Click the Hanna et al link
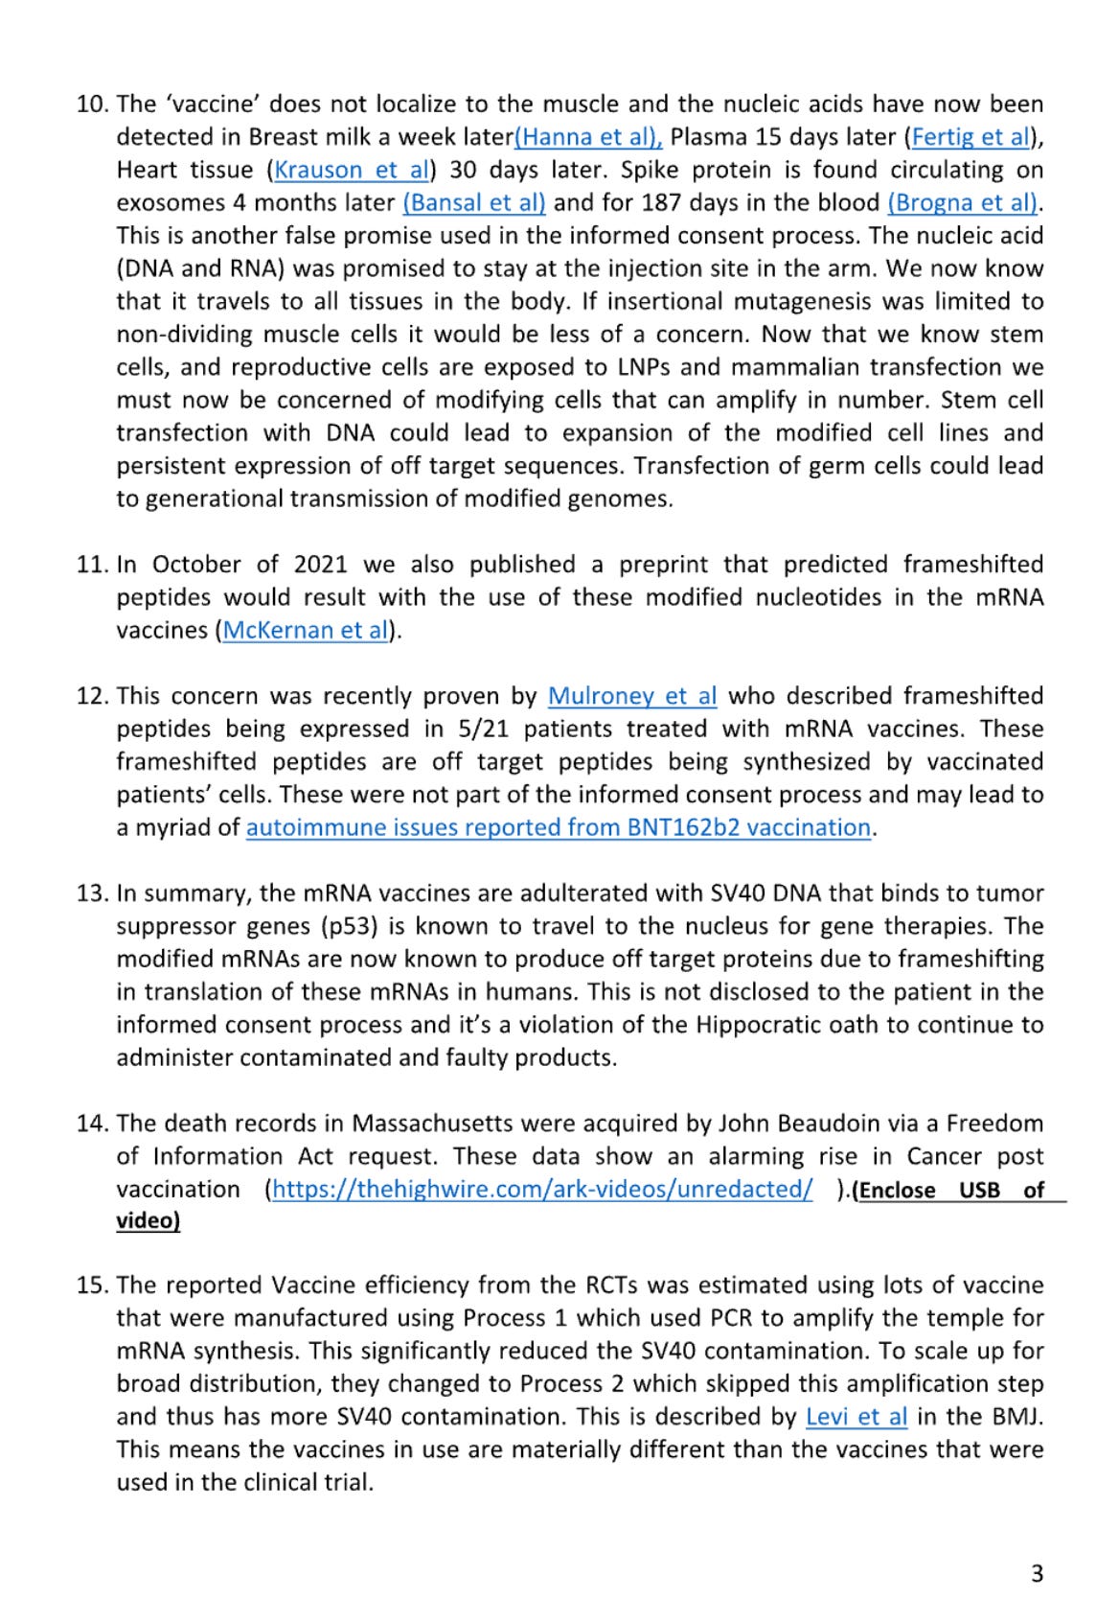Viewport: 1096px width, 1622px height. click(x=588, y=137)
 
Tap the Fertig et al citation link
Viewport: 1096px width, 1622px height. click(x=970, y=137)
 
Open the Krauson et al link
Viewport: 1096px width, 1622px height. click(x=352, y=171)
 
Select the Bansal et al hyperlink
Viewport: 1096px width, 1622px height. click(x=474, y=203)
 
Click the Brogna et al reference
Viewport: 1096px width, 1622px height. click(x=963, y=203)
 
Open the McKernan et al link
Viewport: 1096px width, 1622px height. click(x=306, y=631)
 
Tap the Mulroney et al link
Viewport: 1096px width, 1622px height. click(x=632, y=696)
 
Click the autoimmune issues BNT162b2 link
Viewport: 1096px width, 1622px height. click(x=559, y=827)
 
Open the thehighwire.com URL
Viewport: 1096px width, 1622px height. click(x=542, y=1190)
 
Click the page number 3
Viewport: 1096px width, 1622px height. click(x=1037, y=1573)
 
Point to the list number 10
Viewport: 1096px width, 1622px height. click(x=92, y=104)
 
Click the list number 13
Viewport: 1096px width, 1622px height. click(x=92, y=893)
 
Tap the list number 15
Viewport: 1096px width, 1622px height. click(x=92, y=1286)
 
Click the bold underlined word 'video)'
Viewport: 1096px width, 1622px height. click(x=148, y=1221)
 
